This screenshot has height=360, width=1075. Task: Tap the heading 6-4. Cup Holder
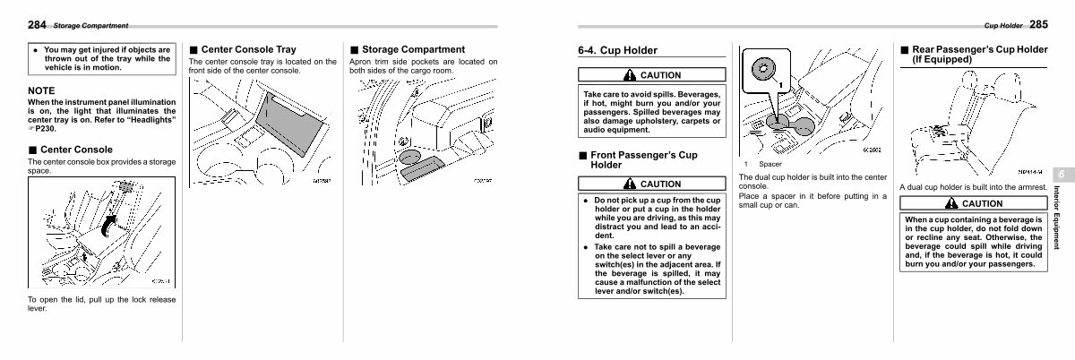(618, 51)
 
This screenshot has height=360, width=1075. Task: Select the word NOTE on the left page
(41, 90)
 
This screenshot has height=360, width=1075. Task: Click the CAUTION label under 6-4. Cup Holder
(654, 75)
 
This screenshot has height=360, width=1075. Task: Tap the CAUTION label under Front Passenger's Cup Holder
(654, 184)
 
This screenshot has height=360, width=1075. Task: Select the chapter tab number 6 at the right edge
(1059, 174)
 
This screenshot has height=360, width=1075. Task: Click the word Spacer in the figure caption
(770, 164)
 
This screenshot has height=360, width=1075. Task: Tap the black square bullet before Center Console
(32, 150)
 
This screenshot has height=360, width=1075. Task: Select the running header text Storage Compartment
(90, 25)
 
